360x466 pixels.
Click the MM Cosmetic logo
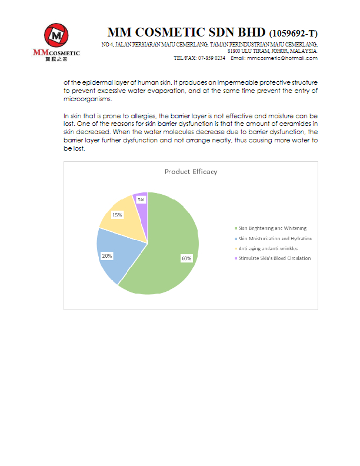click(x=56, y=39)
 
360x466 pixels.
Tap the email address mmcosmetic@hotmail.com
click(x=282, y=58)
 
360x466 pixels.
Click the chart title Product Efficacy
click(x=191, y=172)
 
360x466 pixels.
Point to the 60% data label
click(x=186, y=258)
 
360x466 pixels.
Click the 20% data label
click(x=107, y=256)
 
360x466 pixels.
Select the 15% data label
click(x=117, y=215)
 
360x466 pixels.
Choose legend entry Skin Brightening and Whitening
click(x=272, y=228)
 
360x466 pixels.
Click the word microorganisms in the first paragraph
click(x=85, y=99)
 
